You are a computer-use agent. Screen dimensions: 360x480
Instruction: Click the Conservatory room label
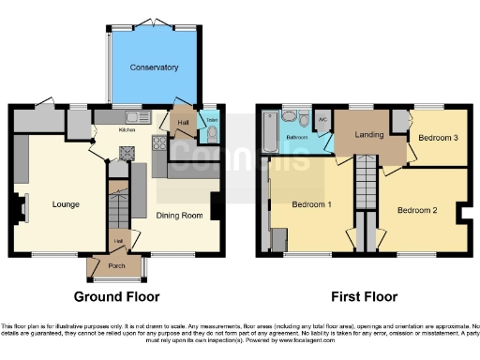point(155,67)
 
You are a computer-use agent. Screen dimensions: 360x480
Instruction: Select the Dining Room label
point(179,216)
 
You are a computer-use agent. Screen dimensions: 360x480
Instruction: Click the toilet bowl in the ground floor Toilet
point(211,133)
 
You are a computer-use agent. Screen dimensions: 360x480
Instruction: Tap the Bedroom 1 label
point(310,203)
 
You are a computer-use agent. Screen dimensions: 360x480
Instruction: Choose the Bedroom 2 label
point(417,210)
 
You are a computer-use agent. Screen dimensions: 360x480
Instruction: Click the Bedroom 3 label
point(438,138)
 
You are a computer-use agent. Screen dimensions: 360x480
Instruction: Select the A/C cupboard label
point(322,119)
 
